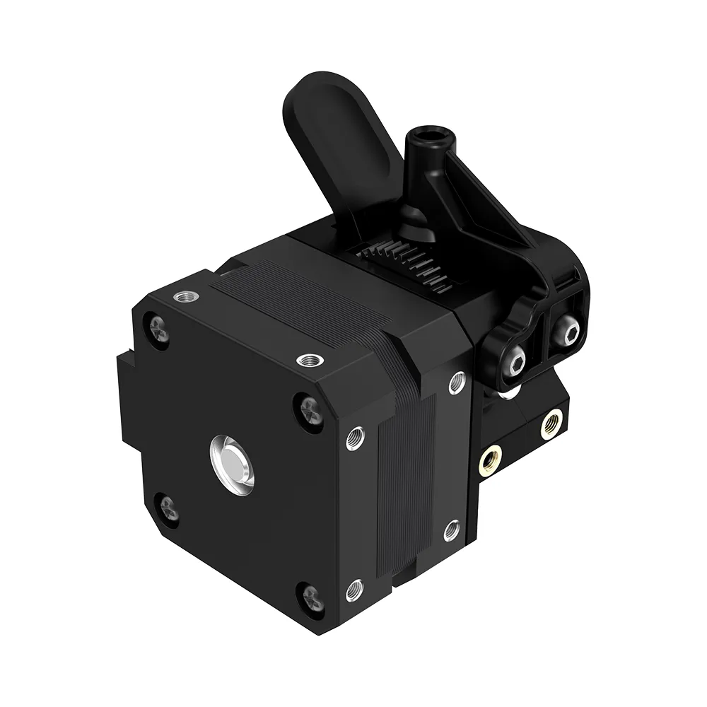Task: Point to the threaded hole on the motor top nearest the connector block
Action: click(x=185, y=295)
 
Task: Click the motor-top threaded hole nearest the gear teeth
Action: click(x=308, y=361)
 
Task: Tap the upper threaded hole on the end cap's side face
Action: click(x=356, y=438)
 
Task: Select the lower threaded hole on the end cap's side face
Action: click(x=354, y=586)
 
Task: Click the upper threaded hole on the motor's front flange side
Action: click(x=456, y=383)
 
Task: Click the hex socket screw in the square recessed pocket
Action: click(x=566, y=330)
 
